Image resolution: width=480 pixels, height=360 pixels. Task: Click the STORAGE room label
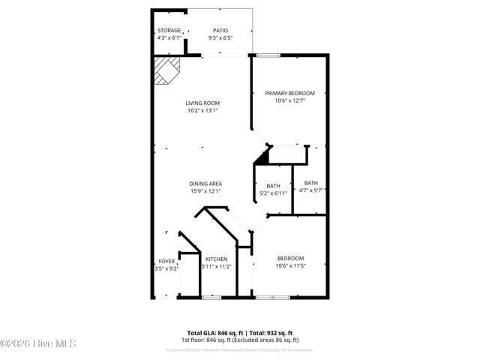[169, 31]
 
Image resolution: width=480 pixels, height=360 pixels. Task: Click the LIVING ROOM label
[202, 103]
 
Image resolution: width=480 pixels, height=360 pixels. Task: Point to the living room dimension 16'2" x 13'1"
[202, 111]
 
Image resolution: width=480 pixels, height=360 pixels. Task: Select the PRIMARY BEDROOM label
[289, 93]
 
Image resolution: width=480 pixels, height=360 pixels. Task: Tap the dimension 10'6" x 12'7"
[289, 100]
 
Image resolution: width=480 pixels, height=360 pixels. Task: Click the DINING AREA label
[205, 184]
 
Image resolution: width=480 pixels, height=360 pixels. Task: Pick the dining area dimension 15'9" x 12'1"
[205, 191]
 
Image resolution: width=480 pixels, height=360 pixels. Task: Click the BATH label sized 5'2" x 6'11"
[273, 186]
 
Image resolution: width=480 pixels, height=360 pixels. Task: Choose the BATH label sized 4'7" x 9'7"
[310, 183]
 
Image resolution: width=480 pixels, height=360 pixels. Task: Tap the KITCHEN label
[217, 259]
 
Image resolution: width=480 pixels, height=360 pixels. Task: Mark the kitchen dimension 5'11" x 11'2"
[217, 266]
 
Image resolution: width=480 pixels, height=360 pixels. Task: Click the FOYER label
[166, 261]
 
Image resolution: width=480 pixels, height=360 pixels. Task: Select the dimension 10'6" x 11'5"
[289, 266]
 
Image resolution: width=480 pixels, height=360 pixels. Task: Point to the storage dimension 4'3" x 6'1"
[169, 37]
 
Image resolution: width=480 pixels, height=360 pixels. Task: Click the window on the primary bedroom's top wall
[265, 55]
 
